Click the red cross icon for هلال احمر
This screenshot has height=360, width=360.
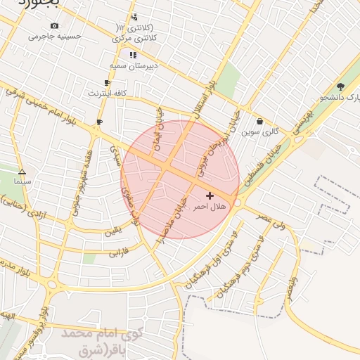point(210,195)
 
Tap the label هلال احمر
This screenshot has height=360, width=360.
point(210,206)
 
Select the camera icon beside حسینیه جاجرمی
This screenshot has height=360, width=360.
point(55,26)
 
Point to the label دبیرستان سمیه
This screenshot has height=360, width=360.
point(132,65)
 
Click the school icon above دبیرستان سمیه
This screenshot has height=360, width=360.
point(133,54)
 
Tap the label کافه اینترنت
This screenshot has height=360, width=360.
point(107,93)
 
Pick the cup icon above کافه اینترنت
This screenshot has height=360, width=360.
point(107,83)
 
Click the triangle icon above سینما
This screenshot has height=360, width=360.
point(22,172)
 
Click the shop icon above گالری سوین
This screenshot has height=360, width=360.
point(259,121)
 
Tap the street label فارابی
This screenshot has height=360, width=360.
point(119,250)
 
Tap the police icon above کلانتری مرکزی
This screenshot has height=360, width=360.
point(134,17)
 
